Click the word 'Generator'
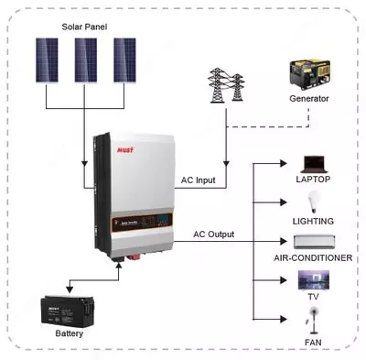tap(309, 98)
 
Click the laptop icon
tap(313, 162)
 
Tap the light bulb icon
tap(313, 202)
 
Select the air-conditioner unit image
tap(313, 243)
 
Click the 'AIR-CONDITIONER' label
tap(313, 258)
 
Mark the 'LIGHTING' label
tap(313, 221)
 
